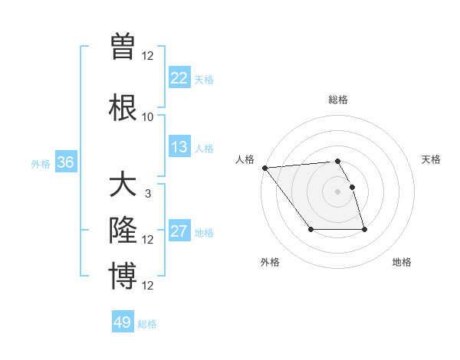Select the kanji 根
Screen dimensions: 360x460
coord(123,106)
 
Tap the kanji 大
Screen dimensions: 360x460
coord(123,187)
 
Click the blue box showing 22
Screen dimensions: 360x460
coord(179,77)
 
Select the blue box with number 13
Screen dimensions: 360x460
coord(179,147)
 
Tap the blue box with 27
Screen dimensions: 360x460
coord(179,231)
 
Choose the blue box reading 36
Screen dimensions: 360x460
coord(65,162)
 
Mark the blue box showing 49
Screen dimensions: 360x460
coord(123,322)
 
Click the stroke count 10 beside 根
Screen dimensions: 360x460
coord(147,117)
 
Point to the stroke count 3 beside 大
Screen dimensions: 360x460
coord(148,194)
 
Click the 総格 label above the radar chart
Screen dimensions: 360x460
coord(337,100)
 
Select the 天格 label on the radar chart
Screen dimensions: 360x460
coord(432,159)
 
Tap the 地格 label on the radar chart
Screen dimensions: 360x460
coord(402,262)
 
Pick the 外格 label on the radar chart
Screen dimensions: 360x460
coord(270,262)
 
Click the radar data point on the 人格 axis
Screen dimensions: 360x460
coord(264,168)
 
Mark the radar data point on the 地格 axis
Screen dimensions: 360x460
coord(364,230)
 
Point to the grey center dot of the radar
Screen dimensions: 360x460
coord(337,191)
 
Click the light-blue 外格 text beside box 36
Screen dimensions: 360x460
coord(40,163)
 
